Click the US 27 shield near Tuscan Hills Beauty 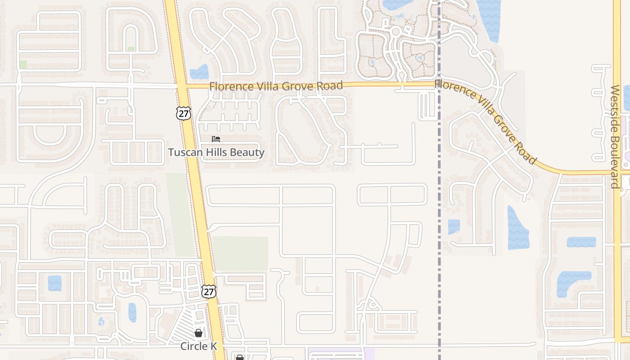pyautogui.click(x=184, y=113)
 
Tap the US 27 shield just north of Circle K pyautogui.click(x=208, y=291)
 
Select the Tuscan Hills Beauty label pyautogui.click(x=216, y=153)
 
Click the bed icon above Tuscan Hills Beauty pyautogui.click(x=216, y=139)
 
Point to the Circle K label pyautogui.click(x=198, y=346)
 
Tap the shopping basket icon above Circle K pyautogui.click(x=198, y=333)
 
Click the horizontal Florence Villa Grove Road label pyautogui.click(x=276, y=85)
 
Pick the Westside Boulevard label pyautogui.click(x=615, y=136)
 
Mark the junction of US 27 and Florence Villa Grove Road pyautogui.click(x=182, y=85)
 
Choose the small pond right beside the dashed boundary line pyautogui.click(x=454, y=226)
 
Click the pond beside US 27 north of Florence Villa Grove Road pyautogui.click(x=199, y=72)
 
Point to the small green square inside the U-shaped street pyautogui.click(x=131, y=49)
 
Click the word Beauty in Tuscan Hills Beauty pyautogui.click(x=247, y=153)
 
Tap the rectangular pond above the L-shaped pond pyautogui.click(x=581, y=242)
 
